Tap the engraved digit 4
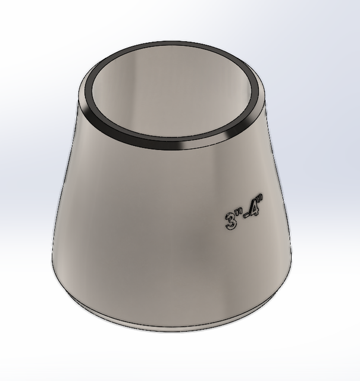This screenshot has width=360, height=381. pos(255,212)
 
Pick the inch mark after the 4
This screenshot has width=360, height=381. pos(262,201)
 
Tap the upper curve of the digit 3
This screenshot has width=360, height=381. pos(231,216)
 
